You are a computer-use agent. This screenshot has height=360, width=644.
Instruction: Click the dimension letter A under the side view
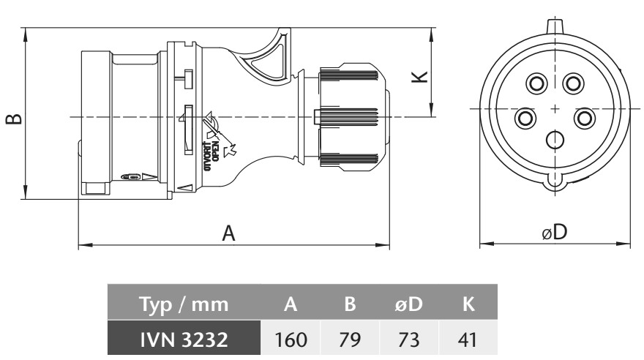[229, 233]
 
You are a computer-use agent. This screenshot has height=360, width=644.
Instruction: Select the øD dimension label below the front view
[555, 232]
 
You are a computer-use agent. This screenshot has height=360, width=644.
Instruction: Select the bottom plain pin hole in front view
[555, 140]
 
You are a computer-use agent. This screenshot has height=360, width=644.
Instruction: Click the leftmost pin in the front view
[525, 118]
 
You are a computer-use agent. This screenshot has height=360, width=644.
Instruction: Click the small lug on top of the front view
[555, 25]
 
